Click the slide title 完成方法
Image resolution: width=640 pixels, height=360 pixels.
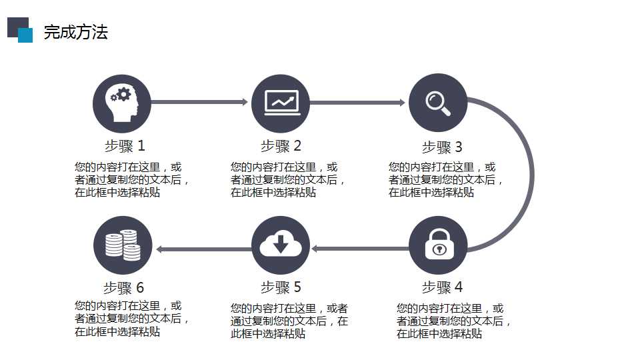click(x=76, y=32)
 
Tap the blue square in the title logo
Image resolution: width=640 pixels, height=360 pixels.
click(x=26, y=35)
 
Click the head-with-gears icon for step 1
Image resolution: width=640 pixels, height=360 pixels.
click(x=121, y=104)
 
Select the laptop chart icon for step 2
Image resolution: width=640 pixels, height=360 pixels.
click(x=281, y=103)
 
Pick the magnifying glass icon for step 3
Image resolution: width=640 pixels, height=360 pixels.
click(x=438, y=103)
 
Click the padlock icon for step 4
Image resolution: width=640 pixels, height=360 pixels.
click(x=438, y=245)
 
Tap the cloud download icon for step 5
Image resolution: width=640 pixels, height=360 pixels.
click(x=281, y=245)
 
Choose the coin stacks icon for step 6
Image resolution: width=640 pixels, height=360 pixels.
click(x=123, y=245)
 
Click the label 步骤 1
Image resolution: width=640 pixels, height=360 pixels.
click(x=125, y=146)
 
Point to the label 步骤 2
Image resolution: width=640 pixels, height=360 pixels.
click(x=281, y=146)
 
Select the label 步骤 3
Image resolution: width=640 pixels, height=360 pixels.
click(x=442, y=147)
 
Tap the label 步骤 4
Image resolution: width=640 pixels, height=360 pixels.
click(x=443, y=287)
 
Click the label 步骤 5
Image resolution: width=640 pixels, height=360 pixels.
click(x=281, y=287)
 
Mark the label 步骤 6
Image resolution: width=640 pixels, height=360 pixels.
click(x=124, y=288)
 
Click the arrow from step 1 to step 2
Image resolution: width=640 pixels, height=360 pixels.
click(x=199, y=102)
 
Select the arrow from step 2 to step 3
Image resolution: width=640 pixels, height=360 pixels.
click(x=357, y=103)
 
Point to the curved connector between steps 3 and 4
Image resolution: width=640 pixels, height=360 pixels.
click(x=532, y=174)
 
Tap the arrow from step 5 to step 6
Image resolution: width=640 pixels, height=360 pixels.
click(x=204, y=249)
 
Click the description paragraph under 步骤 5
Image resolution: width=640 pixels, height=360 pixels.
click(x=289, y=321)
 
